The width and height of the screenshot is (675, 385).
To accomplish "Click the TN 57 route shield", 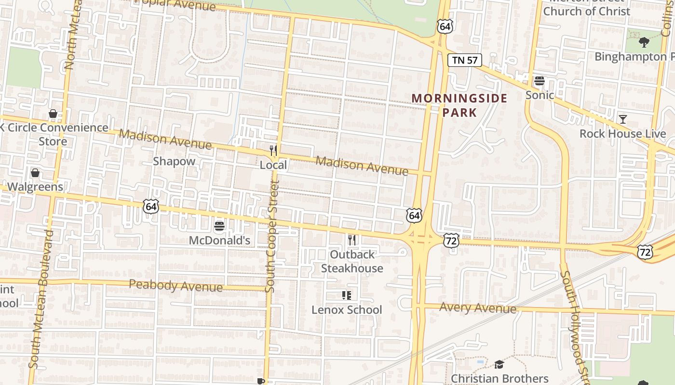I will pos(465,60).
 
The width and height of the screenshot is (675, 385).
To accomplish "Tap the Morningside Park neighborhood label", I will pos(459,105).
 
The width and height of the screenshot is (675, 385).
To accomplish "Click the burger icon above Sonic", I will pos(540,81).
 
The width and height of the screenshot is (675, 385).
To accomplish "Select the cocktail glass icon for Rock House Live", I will pos(623,119).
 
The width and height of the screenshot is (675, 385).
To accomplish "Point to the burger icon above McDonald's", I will pos(219,226).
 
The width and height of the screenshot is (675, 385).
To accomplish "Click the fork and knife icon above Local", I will pos(273,151).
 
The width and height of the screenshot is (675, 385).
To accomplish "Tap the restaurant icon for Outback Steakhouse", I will pos(352,240).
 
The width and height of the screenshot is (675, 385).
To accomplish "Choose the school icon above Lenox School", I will pos(347,295).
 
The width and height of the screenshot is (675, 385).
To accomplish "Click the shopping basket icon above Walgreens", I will pos(35,173).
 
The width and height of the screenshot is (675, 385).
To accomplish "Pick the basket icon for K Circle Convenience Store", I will pos(53,114).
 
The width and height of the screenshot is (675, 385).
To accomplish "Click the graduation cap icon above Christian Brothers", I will pos(499,365).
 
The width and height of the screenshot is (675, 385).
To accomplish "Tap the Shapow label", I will pos(174,161).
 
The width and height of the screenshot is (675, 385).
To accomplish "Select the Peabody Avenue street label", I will pos(176,286).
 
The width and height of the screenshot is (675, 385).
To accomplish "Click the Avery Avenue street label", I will pos(477,308).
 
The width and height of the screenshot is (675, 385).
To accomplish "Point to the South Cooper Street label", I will pos(272,236).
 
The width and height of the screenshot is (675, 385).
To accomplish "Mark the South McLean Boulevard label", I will pos(41,298).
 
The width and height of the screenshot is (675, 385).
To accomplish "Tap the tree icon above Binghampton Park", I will pos(644,42).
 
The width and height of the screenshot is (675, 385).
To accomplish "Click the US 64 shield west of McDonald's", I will pos(151,207).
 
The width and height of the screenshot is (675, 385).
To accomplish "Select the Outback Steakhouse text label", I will pos(352,261).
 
